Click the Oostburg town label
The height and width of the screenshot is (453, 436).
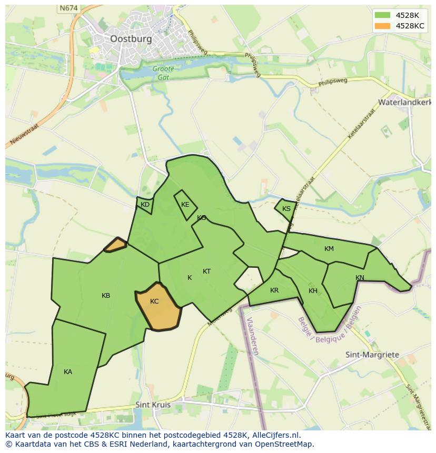131,38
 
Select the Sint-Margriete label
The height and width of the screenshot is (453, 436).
372,355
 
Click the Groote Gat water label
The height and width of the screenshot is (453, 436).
163,73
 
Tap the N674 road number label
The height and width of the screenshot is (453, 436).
68,8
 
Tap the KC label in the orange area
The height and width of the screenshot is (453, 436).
154,301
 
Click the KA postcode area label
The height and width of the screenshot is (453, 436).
68,372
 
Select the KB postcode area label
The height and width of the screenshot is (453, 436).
106,296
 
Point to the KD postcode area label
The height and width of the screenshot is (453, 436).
145,205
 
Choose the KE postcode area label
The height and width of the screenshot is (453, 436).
185,205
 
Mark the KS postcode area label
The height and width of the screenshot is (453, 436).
286,209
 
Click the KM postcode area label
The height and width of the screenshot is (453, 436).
329,249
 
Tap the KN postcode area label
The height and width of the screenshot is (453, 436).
360,278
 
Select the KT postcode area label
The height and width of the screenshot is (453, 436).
207,271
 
